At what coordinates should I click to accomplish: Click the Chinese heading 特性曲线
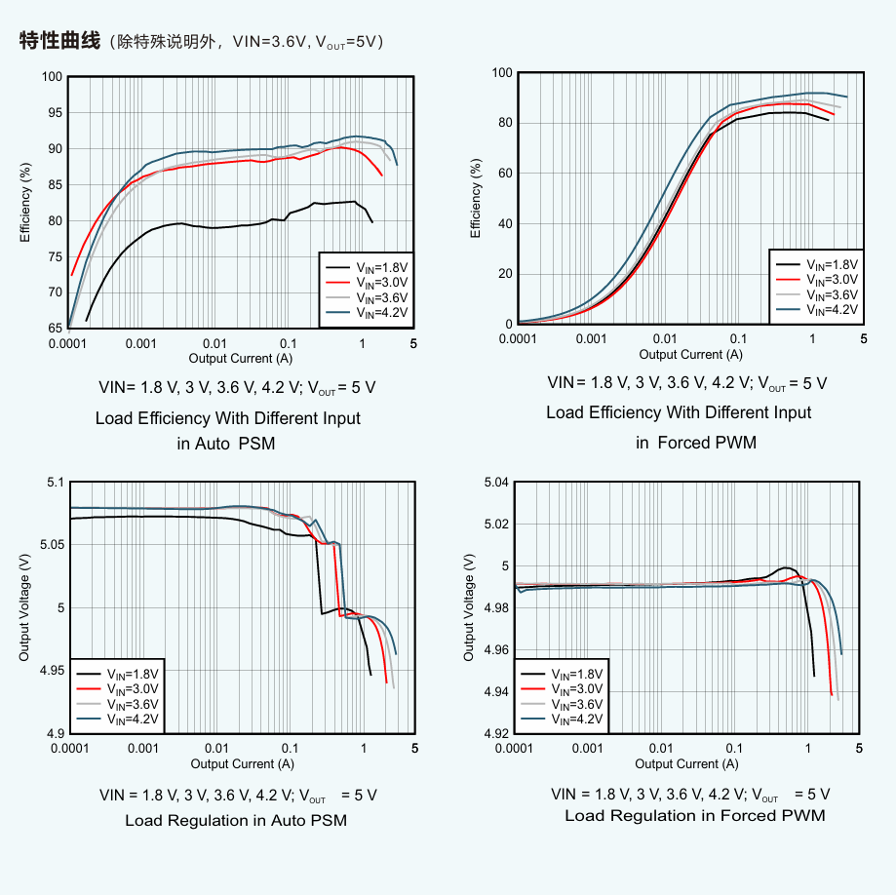59,41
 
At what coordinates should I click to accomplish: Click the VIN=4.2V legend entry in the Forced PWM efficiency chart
817,310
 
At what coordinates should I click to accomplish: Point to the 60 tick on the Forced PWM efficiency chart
503,174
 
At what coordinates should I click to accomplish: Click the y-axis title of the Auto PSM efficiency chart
25,203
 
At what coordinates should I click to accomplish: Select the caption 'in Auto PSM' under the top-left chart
226,444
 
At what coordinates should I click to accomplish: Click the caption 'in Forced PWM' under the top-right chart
696,443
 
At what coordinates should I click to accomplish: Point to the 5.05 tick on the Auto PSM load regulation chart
48,545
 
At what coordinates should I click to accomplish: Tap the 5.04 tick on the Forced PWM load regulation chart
495,483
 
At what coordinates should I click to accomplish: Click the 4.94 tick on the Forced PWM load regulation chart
495,692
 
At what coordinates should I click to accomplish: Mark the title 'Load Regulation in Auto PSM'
236,821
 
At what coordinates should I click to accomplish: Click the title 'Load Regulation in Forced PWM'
694,815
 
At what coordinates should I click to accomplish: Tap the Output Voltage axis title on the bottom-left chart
25,608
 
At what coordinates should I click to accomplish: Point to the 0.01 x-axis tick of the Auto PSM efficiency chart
214,344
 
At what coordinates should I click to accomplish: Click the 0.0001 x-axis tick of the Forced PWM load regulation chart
514,748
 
